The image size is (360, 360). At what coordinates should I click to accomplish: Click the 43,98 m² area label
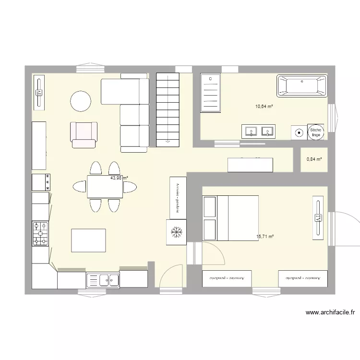tap(119, 178)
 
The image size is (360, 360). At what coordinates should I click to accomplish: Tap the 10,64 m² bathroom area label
tap(264, 107)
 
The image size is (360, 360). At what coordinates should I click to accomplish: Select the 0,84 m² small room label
tap(313, 159)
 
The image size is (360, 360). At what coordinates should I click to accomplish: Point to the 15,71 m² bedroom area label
tap(265, 237)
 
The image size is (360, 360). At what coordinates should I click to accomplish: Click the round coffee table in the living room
tap(81, 101)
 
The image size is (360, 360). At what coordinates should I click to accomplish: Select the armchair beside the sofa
tap(84, 134)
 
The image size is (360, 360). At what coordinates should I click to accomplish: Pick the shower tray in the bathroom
tap(210, 93)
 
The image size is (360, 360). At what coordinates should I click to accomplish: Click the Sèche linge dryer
tap(315, 132)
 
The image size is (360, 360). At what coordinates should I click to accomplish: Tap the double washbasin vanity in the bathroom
tap(259, 131)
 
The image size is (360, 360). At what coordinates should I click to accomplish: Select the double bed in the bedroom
tap(230, 217)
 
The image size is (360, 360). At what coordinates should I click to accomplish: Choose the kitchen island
tap(88, 240)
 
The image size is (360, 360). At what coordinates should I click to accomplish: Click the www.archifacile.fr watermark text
tap(330, 313)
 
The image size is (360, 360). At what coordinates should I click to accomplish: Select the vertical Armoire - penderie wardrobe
tap(177, 197)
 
